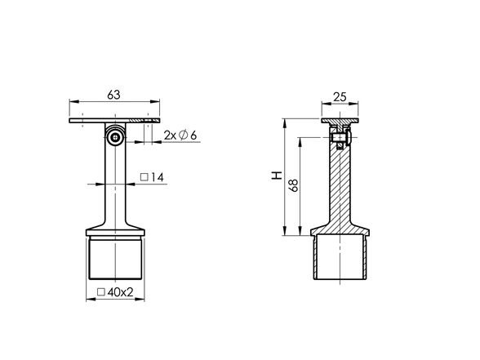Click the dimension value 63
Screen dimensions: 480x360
(113, 95)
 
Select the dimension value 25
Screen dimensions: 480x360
(340, 97)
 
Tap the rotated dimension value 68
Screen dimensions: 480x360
(293, 185)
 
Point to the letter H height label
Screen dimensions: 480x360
(277, 176)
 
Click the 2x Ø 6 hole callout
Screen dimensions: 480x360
(180, 135)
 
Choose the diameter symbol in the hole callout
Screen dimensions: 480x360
(183, 135)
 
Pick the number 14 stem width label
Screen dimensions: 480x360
(158, 177)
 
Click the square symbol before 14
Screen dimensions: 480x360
(144, 177)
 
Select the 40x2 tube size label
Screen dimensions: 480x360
(120, 292)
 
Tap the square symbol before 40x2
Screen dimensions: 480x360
(101, 292)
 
